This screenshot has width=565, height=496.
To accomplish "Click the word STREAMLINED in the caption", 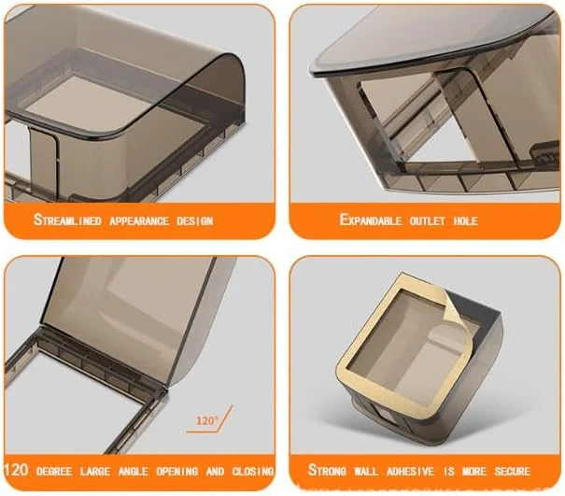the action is [x=67, y=220].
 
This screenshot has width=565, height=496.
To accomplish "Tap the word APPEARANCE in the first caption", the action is [x=139, y=220].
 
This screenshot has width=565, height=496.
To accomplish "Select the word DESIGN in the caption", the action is [x=194, y=220].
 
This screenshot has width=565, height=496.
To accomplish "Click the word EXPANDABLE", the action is [x=371, y=220].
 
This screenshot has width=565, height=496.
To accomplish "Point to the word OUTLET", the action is [x=428, y=220].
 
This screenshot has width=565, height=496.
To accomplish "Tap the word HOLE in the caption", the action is [x=466, y=220].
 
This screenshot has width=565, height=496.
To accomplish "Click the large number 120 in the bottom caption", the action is [x=16, y=470].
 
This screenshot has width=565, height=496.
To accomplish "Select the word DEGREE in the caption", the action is [x=54, y=471].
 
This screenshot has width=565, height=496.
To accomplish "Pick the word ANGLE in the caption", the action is [x=134, y=471].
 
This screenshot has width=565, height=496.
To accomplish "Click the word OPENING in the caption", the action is [x=177, y=471].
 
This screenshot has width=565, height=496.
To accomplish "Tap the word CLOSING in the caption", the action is [x=253, y=471].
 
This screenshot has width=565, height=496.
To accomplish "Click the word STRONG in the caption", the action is [x=327, y=470].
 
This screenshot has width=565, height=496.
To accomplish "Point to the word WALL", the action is [x=366, y=471].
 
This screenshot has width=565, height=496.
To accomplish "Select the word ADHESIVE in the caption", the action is [x=410, y=471].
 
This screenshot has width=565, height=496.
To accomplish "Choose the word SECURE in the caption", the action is [x=513, y=471].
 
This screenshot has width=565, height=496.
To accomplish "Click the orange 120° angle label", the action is [x=207, y=420].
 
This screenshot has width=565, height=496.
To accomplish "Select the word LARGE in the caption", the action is [x=95, y=471].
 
